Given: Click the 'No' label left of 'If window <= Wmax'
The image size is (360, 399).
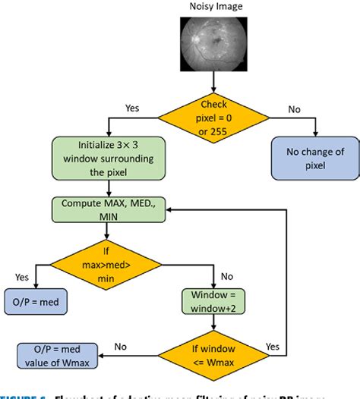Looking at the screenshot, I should [120, 345].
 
